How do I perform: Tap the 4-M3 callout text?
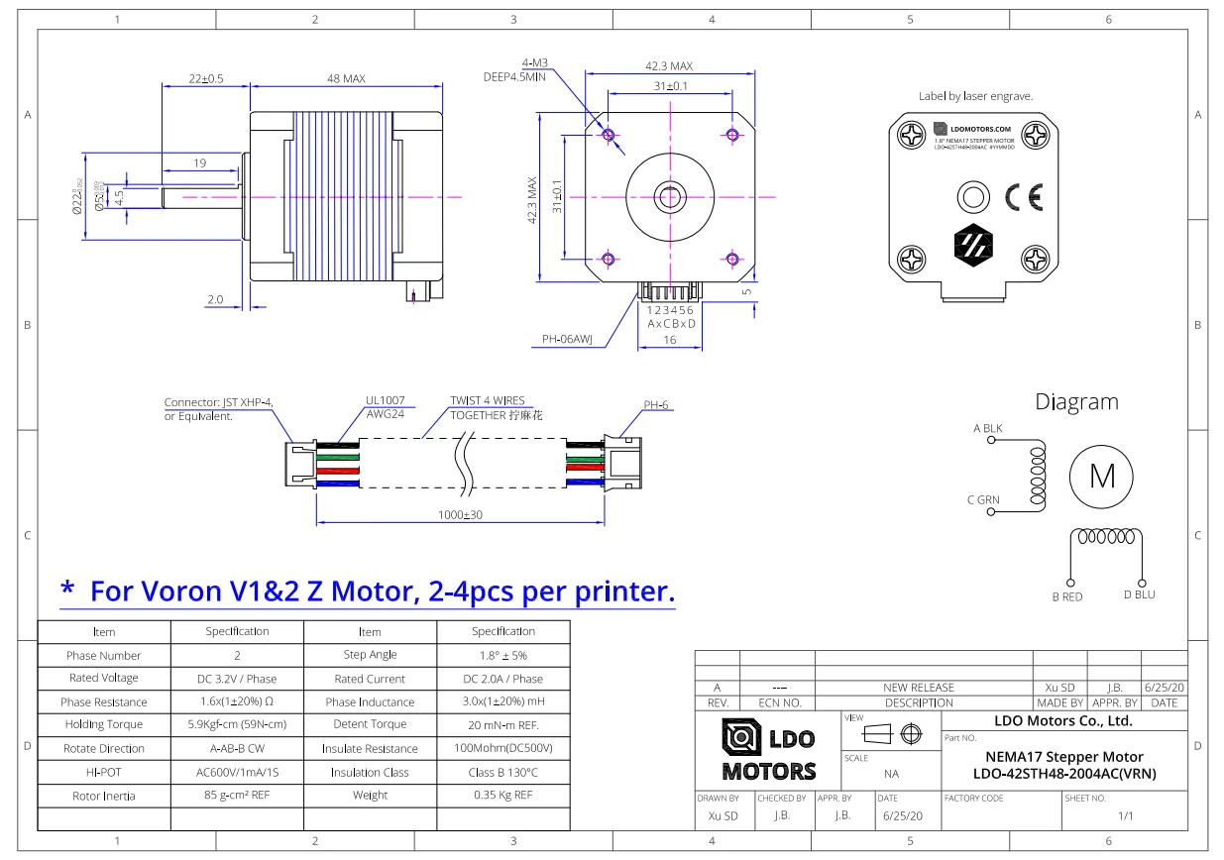(535, 62)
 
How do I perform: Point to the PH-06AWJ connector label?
(567, 340)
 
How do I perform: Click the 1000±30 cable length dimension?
(459, 515)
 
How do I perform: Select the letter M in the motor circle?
(1102, 477)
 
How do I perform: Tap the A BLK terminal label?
(988, 428)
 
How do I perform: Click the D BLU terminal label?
(1139, 595)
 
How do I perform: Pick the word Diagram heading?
(1076, 402)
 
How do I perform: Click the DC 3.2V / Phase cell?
(237, 679)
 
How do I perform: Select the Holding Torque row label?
(104, 725)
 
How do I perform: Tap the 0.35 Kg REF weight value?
(503, 796)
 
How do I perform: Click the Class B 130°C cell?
(503, 773)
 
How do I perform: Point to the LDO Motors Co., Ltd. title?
(1062, 720)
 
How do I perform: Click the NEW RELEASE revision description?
(918, 687)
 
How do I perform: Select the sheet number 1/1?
(1125, 816)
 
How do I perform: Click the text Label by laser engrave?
(975, 97)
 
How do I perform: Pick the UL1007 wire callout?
(387, 401)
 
